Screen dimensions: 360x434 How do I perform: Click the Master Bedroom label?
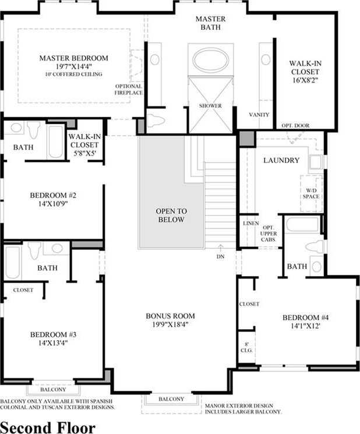point(73,58)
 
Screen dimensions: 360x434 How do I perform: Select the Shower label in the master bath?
point(210,105)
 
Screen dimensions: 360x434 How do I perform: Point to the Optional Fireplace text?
point(129,89)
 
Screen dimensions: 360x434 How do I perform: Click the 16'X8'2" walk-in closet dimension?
point(305,80)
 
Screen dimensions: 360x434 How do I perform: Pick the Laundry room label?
point(281,160)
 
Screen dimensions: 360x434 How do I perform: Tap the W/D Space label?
point(311,193)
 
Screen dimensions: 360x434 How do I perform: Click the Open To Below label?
point(171,216)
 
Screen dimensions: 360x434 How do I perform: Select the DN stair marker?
point(220,256)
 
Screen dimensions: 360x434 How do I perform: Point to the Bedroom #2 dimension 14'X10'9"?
point(53,204)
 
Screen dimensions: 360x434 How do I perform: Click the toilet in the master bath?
point(156,120)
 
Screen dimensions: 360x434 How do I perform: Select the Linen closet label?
point(251,223)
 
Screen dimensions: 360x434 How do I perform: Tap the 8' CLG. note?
point(246,347)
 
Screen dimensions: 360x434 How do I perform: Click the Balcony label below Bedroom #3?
point(53,390)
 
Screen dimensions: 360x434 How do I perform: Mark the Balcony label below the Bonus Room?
point(171,399)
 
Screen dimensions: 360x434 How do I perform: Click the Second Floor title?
point(48,428)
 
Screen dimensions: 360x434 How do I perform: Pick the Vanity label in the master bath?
point(259,115)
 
